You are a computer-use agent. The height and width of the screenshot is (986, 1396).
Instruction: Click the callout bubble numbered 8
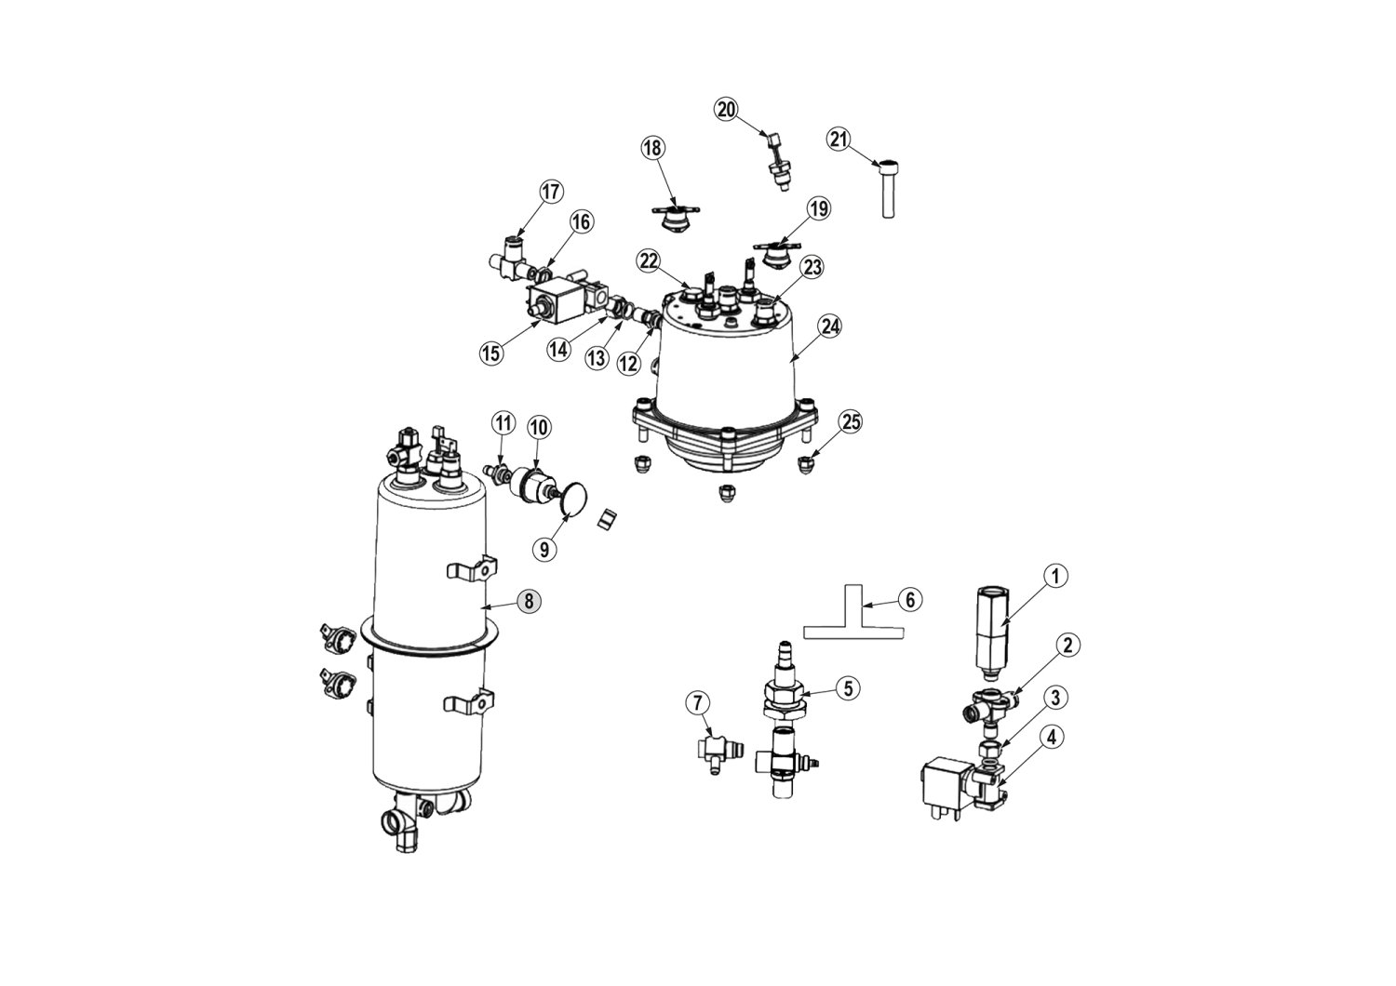click(x=529, y=601)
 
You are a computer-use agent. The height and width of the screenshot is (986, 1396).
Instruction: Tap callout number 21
click(x=839, y=139)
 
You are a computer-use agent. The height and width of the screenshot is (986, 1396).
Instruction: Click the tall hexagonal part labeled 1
click(x=989, y=633)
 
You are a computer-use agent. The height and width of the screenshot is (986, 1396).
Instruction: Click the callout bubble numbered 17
click(x=551, y=192)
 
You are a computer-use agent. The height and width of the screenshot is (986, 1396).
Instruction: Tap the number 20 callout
click(x=726, y=110)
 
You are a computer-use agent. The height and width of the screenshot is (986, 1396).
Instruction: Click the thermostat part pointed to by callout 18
click(x=676, y=220)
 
